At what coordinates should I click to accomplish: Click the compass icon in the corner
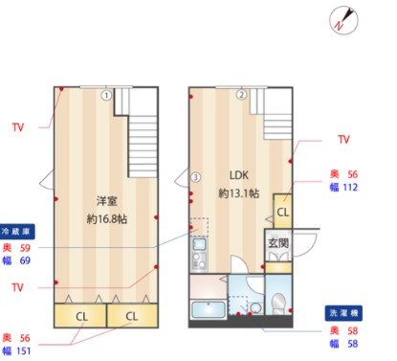coord(344,20)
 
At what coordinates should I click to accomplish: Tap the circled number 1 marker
coord(107,95)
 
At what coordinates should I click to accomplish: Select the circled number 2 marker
coord(242,95)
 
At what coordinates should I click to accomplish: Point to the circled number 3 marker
coord(195,177)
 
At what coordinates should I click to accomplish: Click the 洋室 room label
coord(106,201)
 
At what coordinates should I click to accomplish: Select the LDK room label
coord(238,175)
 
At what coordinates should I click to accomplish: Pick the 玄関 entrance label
coord(277,243)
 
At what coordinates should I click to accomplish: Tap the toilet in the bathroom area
coord(278,304)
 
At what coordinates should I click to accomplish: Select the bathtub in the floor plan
coord(209,311)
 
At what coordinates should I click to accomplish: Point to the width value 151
coord(47,351)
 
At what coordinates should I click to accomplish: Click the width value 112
coord(350,188)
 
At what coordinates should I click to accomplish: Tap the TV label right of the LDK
coord(343,139)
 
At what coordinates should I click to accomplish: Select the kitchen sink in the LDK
coord(199,248)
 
